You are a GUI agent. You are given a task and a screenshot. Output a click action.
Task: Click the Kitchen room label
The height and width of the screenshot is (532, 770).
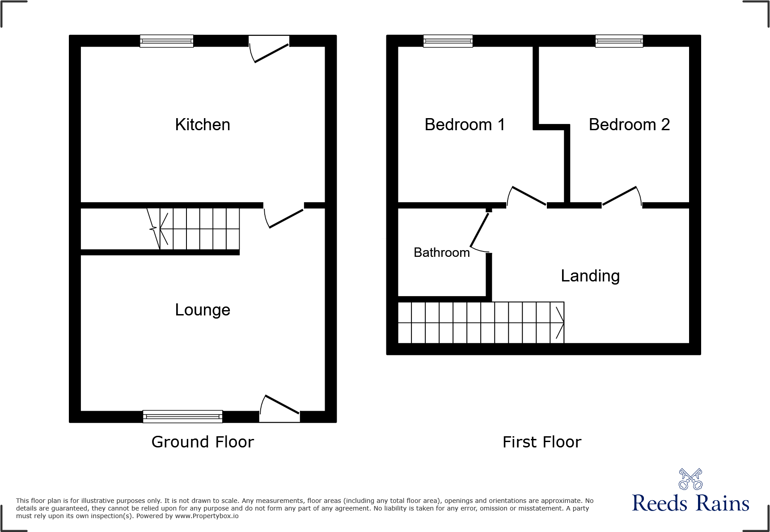point(203,124)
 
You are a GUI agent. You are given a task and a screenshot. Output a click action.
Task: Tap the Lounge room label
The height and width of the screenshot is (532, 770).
point(203,310)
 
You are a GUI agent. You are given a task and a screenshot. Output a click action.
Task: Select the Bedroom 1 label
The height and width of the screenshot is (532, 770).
point(465,124)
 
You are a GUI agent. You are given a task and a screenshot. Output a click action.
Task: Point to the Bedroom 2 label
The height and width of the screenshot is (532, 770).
point(629,124)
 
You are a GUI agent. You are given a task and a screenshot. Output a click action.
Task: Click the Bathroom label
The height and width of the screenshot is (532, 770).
point(442,252)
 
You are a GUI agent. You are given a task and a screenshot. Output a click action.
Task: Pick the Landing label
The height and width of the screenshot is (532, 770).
point(590,276)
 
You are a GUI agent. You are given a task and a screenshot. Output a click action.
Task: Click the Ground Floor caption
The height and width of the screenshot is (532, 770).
point(203,442)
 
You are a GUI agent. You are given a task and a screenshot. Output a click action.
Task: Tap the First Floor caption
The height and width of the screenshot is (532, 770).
point(542,442)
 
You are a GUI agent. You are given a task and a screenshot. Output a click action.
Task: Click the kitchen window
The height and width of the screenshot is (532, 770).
point(166,41)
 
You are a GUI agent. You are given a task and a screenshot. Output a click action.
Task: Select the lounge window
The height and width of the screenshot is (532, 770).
point(182,417)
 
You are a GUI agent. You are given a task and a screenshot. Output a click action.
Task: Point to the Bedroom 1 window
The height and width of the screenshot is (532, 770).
point(448,41)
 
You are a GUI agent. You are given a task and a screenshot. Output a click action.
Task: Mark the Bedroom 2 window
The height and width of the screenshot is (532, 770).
point(619,41)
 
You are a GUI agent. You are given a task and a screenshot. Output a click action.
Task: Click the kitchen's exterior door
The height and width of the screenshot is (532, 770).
point(270,50)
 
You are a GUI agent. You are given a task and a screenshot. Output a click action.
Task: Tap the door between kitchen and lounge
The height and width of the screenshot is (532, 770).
point(284,216)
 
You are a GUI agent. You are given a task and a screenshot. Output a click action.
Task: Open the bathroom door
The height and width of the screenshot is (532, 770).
point(480,231)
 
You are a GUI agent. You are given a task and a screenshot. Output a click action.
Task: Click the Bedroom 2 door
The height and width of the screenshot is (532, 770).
point(622,197)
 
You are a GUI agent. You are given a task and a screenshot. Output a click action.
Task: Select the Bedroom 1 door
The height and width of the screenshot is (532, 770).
point(527,197)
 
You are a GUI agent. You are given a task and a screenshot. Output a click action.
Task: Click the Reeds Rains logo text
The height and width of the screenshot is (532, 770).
point(690,503)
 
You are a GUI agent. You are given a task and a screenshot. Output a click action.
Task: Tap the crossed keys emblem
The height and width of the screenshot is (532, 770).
point(690,479)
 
